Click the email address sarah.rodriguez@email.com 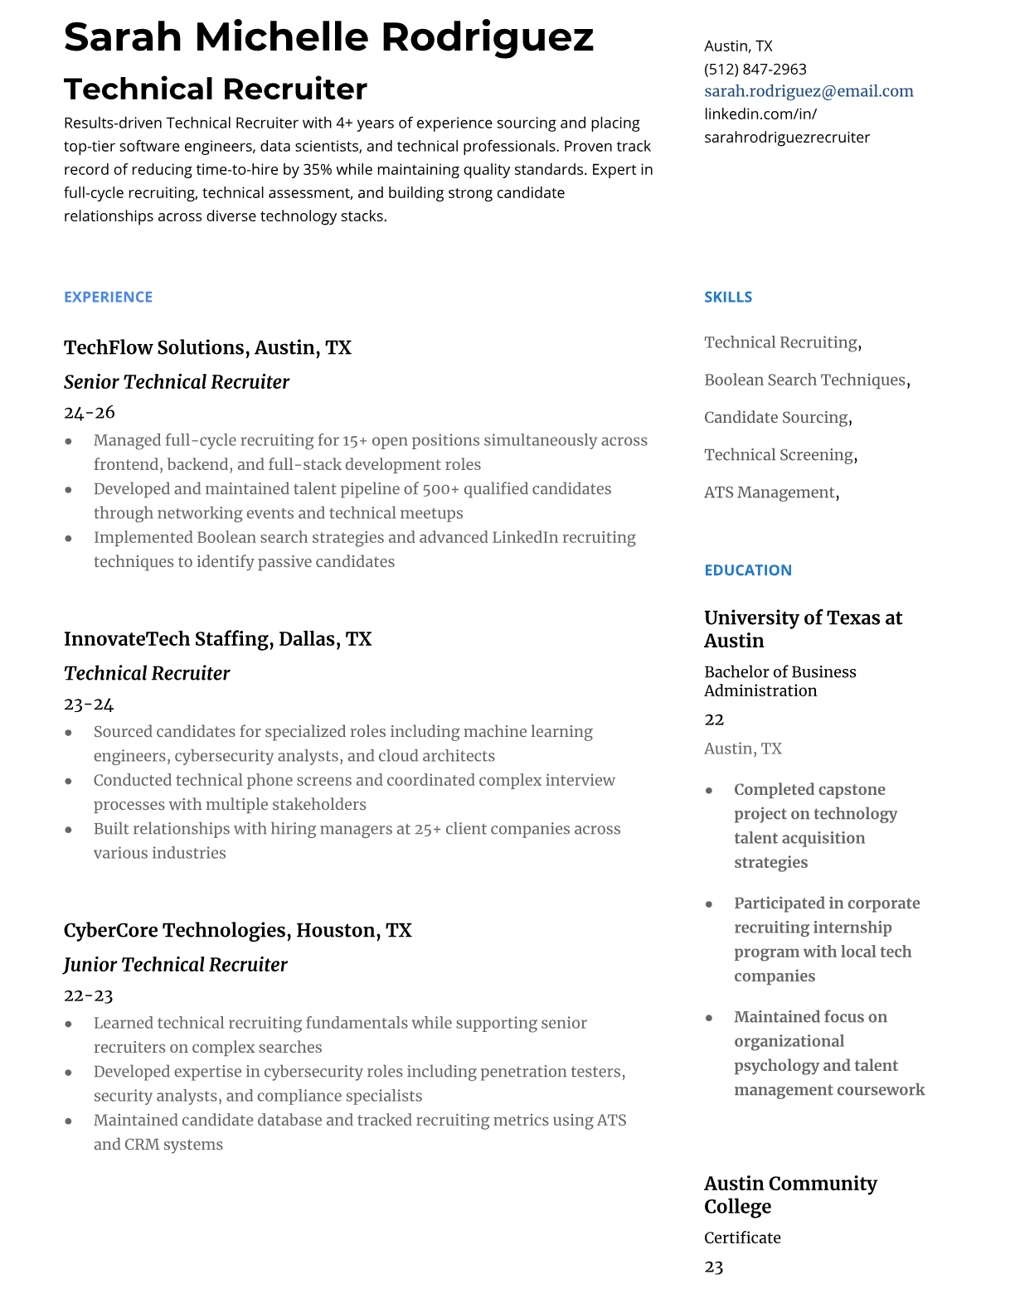click(x=809, y=91)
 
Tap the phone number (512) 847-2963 click(x=755, y=69)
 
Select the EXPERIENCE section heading click(x=108, y=297)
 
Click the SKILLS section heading click(x=728, y=297)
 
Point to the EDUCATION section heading click(x=747, y=570)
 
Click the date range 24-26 click(x=89, y=413)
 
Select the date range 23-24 click(x=89, y=705)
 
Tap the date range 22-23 click(x=88, y=996)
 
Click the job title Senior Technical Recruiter click(x=176, y=382)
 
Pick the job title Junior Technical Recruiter click(x=175, y=965)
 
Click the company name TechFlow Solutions click(x=155, y=347)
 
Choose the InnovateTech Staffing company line click(x=217, y=639)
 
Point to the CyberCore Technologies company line click(x=237, y=930)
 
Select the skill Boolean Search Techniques click(x=804, y=380)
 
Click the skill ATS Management click(x=769, y=492)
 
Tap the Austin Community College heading click(x=789, y=1194)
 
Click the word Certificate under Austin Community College click(x=742, y=1238)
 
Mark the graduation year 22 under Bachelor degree click(x=714, y=719)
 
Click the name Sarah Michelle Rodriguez click(x=328, y=37)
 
